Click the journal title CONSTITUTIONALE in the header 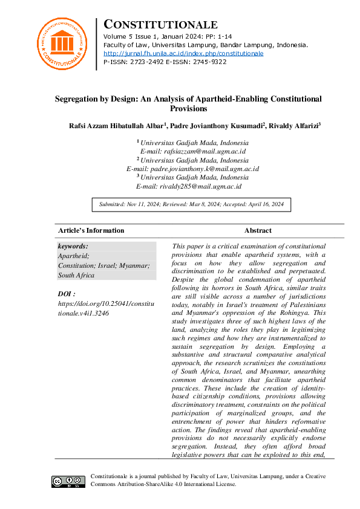point(160,25)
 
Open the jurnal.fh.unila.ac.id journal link point(183,53)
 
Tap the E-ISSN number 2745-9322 point(206,62)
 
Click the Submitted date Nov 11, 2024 point(143,205)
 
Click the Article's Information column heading point(91,230)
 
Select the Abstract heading point(258,230)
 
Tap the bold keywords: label point(73,246)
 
